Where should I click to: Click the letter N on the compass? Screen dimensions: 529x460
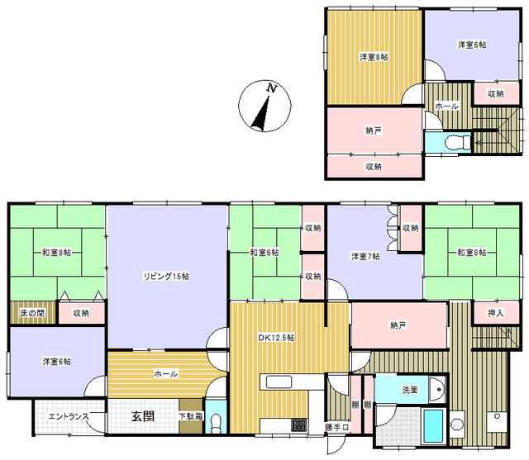click(x=272, y=88)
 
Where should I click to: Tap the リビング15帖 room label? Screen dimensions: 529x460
click(x=166, y=277)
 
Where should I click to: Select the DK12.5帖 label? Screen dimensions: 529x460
click(x=276, y=337)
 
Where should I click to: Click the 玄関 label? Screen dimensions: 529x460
click(x=143, y=416)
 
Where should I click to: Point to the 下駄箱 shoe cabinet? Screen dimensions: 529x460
click(x=191, y=416)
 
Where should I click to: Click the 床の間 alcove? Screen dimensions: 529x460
click(x=32, y=313)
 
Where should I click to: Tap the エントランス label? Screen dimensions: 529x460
click(x=69, y=416)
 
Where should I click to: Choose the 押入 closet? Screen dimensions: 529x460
click(x=496, y=313)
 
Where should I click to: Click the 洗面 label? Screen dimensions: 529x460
click(x=410, y=390)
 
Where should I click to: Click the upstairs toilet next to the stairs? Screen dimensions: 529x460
click(x=458, y=142)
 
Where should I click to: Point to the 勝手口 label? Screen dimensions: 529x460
click(x=336, y=427)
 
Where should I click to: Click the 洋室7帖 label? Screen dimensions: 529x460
click(x=365, y=257)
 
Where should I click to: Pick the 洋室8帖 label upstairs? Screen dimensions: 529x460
click(x=374, y=57)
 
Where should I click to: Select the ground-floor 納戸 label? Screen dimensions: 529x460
click(x=398, y=325)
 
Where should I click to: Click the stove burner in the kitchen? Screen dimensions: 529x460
click(x=299, y=424)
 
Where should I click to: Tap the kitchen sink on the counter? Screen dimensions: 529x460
click(x=279, y=382)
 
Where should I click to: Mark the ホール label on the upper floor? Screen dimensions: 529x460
click(x=447, y=107)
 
